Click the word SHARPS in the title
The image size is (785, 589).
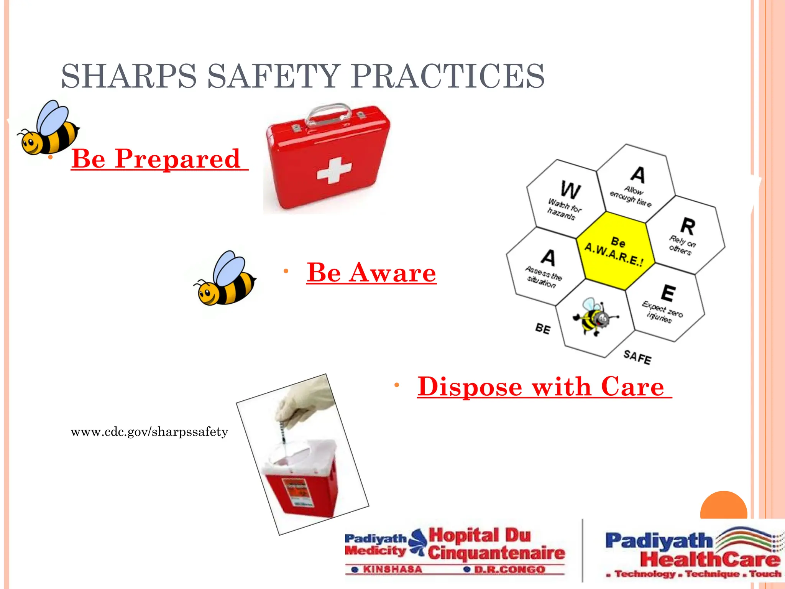[x=129, y=76]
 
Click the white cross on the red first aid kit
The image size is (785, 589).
[x=333, y=170]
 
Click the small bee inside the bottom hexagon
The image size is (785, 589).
[x=593, y=317]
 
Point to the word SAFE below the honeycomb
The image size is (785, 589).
[x=637, y=357]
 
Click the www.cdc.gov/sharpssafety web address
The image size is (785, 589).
[x=149, y=432]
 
